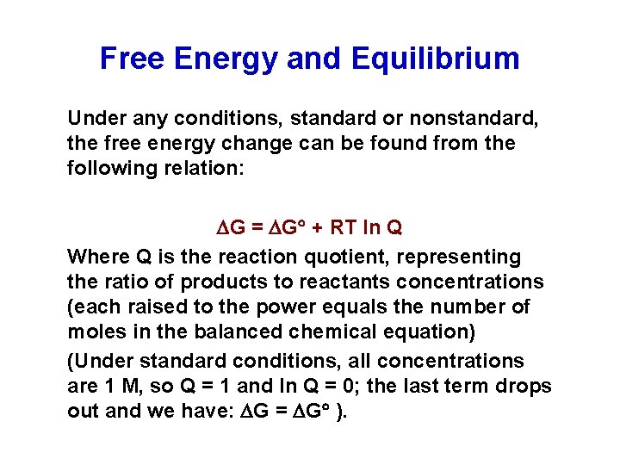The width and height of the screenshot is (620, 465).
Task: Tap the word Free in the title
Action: click(133, 59)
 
